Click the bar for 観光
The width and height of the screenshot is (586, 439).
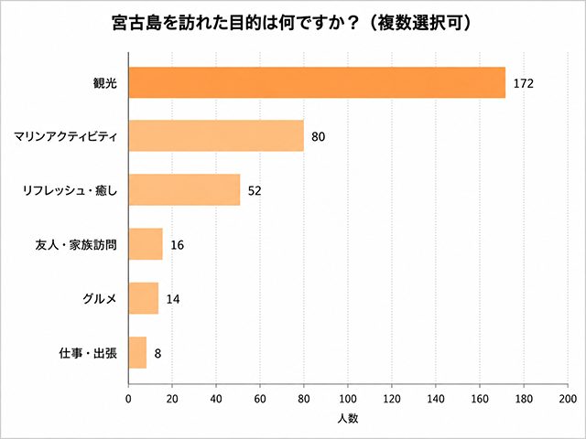(317, 82)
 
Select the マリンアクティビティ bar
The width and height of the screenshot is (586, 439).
(216, 136)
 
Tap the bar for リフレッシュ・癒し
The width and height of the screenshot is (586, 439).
(185, 189)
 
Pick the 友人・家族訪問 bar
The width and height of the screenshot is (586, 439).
(146, 244)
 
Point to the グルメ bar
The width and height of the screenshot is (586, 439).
(144, 298)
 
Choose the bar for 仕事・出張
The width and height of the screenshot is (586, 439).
(137, 352)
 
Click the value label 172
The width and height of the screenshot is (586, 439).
(523, 83)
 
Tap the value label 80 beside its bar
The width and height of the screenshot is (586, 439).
(318, 136)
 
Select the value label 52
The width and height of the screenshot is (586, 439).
(255, 191)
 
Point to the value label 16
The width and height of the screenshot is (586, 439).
(177, 245)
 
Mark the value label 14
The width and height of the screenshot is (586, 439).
(173, 299)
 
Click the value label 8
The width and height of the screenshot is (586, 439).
(157, 353)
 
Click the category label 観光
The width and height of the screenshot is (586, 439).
(105, 83)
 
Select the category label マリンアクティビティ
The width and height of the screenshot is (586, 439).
(65, 136)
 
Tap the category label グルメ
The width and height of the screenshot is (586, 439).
(100, 299)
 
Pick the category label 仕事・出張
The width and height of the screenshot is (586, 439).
(88, 353)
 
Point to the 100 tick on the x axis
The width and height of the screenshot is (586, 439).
(348, 399)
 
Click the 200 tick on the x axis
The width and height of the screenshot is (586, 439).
(568, 399)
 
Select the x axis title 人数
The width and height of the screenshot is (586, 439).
(348, 419)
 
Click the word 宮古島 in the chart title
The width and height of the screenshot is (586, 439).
(136, 23)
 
